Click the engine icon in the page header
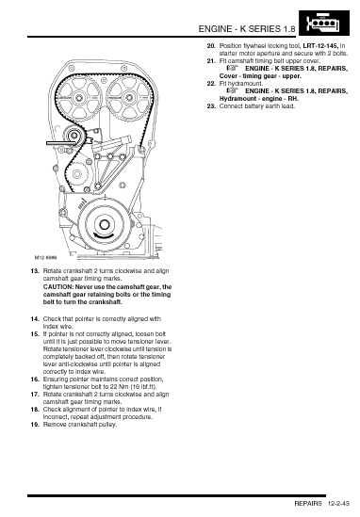click(x=323, y=24)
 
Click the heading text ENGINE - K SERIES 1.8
click(x=247, y=29)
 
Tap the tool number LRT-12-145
click(x=320, y=46)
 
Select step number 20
click(x=211, y=46)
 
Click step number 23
click(x=211, y=106)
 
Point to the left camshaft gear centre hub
click(x=79, y=98)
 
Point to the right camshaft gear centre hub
click(x=129, y=98)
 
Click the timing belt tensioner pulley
click(x=74, y=136)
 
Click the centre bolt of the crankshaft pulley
click(x=105, y=225)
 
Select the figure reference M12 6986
click(x=46, y=257)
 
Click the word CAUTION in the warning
click(x=57, y=287)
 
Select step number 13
click(x=35, y=271)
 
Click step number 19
click(x=35, y=425)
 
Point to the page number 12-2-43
click(x=338, y=504)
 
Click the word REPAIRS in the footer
click(x=308, y=504)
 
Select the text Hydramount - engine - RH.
click(x=259, y=99)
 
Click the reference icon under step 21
click(x=233, y=68)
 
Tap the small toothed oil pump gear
click(x=77, y=174)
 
